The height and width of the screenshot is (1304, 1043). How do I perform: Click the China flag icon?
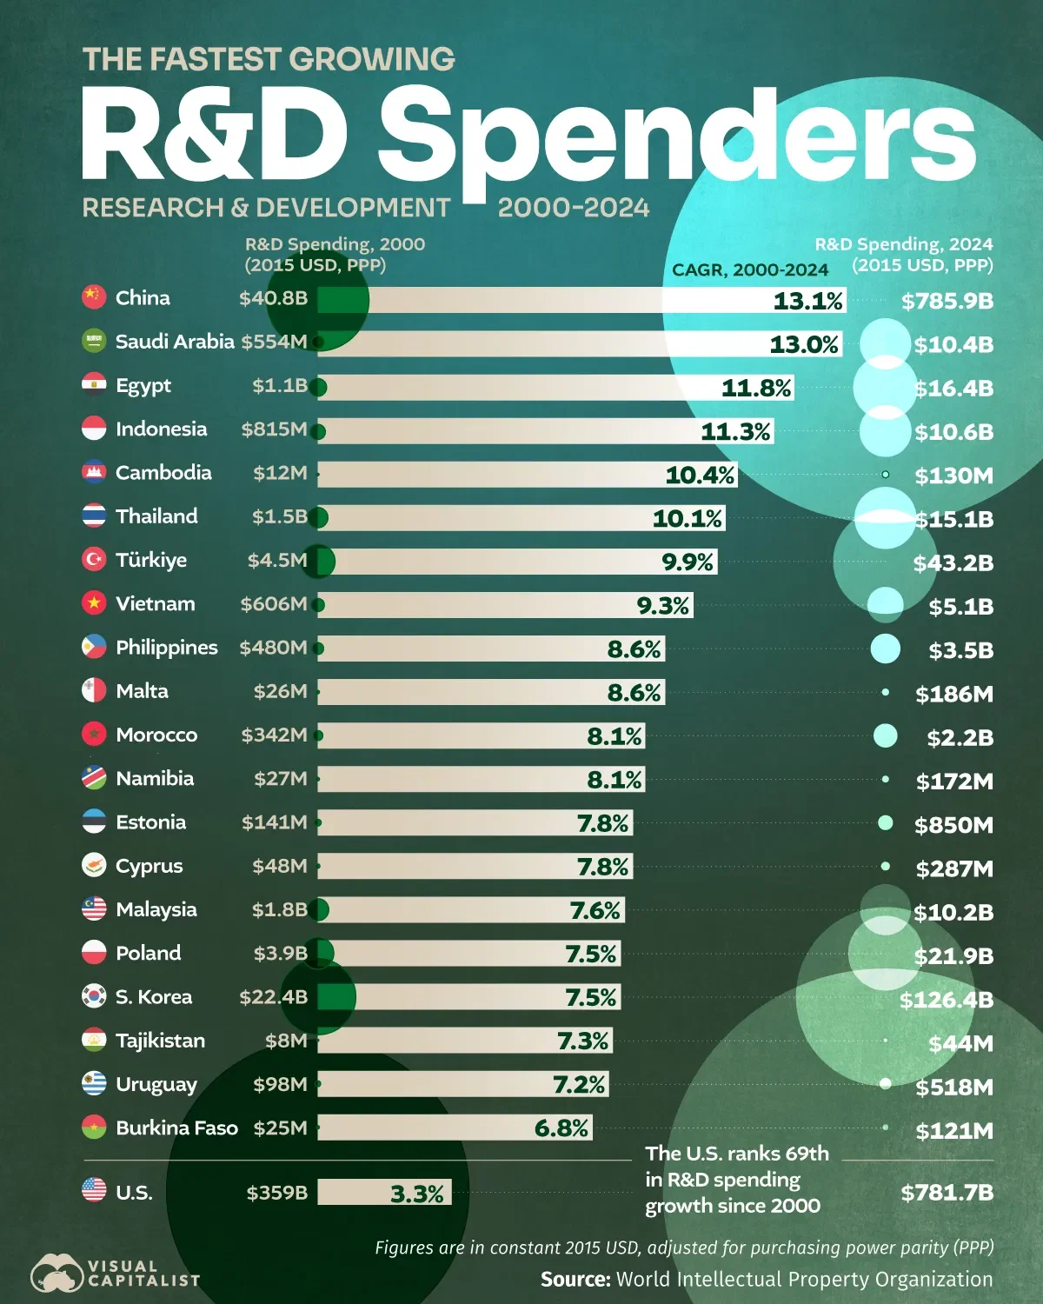pos(94,297)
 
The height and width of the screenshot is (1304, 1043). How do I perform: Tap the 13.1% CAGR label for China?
pos(807,301)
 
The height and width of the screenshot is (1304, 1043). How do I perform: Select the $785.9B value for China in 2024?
pos(947,302)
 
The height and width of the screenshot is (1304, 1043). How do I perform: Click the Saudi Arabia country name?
pos(175,342)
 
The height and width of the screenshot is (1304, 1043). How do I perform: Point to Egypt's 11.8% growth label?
pos(756,388)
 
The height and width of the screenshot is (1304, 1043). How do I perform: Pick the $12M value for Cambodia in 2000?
pos(280,473)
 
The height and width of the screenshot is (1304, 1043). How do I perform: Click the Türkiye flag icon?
pos(94,559)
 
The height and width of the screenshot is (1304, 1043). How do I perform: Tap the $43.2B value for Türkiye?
pos(953,563)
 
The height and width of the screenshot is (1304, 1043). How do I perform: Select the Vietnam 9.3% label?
pos(663,606)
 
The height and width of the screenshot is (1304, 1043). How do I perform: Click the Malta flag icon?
pos(94,690)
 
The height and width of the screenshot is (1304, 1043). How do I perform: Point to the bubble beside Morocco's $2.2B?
pos(885,735)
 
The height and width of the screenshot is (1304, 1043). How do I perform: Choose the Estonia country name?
pos(150,822)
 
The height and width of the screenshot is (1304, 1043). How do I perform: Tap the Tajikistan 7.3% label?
pos(582,1041)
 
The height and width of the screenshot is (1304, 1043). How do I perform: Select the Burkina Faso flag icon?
pos(94,1128)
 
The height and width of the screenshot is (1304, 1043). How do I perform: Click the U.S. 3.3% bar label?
pos(416,1194)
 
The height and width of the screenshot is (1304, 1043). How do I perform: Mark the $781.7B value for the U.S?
pos(947,1193)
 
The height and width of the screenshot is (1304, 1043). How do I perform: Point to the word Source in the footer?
pos(575,1280)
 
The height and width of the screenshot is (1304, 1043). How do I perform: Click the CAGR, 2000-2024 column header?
pos(749,270)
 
